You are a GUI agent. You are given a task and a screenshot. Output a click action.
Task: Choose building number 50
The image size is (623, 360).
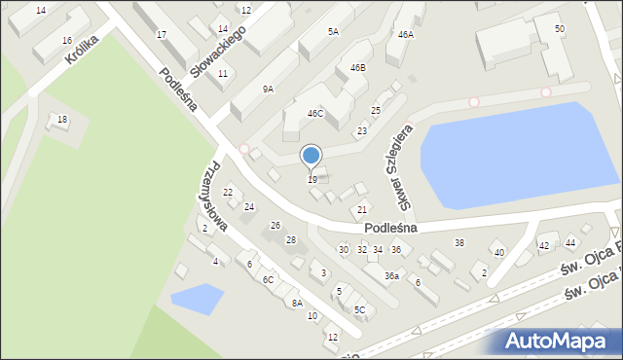tap(559, 29)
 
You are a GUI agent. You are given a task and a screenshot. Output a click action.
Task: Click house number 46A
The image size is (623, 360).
tap(405, 34)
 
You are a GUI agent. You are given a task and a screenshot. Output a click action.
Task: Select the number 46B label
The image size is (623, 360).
tap(357, 68)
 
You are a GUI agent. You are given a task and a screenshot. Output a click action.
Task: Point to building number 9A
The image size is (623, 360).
tap(268, 89)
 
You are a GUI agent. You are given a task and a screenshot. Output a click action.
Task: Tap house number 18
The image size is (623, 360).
tap(62, 119)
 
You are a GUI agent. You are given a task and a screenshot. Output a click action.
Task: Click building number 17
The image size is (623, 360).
tap(162, 35)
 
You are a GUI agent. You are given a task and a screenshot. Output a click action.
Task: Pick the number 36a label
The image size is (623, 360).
tap(391, 276)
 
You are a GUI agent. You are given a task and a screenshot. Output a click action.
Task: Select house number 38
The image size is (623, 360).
tap(459, 242)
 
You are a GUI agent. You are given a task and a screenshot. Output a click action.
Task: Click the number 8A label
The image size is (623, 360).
tap(297, 303)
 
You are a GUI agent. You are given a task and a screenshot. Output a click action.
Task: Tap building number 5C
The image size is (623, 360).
tap(359, 309)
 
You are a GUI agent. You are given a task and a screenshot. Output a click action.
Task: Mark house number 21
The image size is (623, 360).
tap(362, 210)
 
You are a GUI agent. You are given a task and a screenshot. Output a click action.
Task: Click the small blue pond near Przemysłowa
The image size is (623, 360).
tap(197, 298)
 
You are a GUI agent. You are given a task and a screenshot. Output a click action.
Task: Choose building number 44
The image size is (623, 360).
tap(570, 242)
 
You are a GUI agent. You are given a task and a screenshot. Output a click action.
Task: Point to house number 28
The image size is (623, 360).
tap(290, 239)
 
